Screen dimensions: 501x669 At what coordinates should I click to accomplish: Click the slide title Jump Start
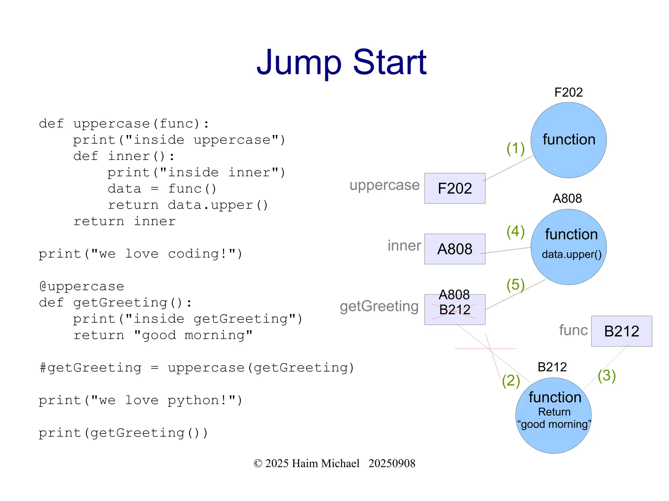click(x=341, y=62)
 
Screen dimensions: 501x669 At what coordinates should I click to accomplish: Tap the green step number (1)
click(x=515, y=148)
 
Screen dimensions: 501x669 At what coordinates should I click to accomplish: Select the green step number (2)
click(x=511, y=381)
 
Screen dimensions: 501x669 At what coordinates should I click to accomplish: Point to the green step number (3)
click(x=607, y=375)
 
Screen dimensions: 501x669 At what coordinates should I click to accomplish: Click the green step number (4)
click(x=515, y=231)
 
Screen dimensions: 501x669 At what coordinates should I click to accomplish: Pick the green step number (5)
click(x=515, y=284)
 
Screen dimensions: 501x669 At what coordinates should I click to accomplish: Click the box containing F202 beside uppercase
click(x=455, y=188)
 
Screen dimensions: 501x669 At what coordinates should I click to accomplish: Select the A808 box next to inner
click(x=455, y=249)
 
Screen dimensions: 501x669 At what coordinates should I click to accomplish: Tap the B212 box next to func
click(x=621, y=331)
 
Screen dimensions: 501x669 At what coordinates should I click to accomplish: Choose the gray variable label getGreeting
click(x=379, y=306)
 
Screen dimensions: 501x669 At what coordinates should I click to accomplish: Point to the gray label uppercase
click(x=384, y=185)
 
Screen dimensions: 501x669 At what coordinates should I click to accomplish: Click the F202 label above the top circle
click(x=568, y=92)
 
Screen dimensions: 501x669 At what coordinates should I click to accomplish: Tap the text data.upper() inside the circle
click(x=571, y=254)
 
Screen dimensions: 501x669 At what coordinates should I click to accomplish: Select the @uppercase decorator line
click(x=82, y=286)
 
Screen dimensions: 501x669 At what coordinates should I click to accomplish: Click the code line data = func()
click(x=162, y=189)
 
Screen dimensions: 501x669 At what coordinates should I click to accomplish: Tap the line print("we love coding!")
click(x=140, y=254)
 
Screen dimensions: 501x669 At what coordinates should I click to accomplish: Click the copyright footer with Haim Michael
click(x=334, y=463)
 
